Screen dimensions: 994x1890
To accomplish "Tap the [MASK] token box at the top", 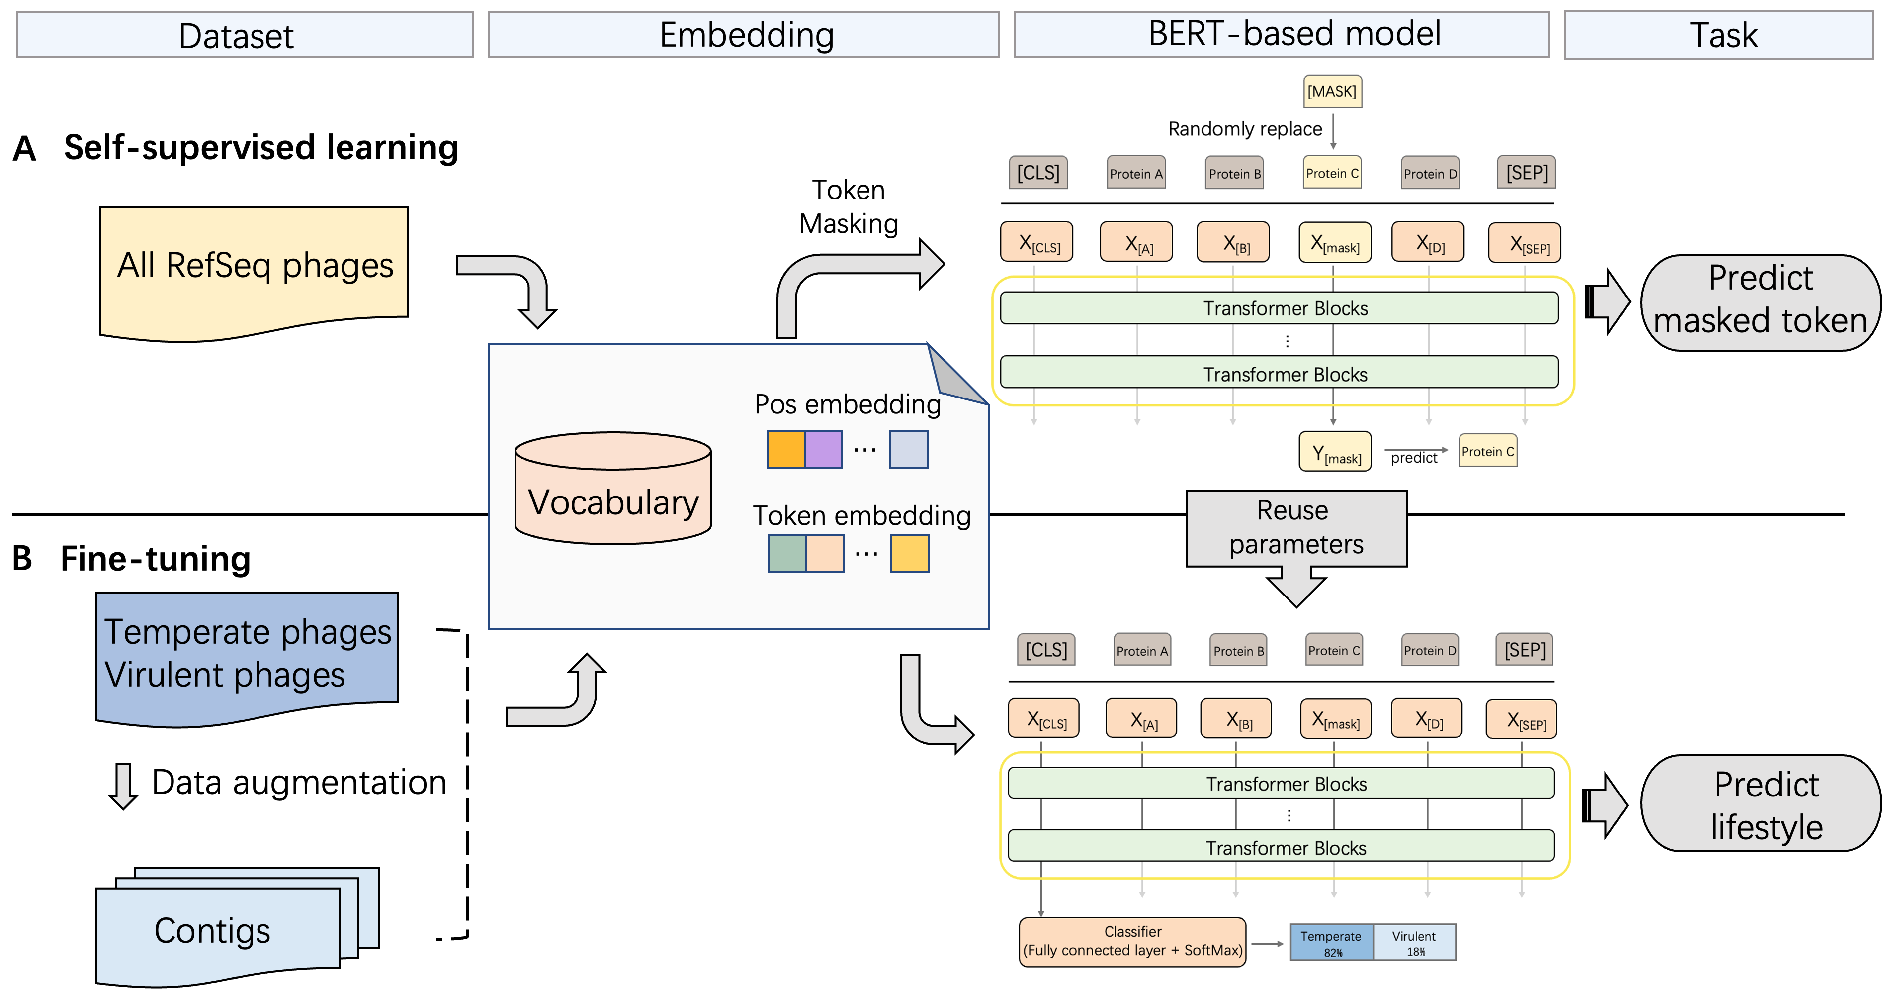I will (x=1332, y=91).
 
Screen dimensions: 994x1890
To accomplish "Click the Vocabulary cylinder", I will (x=612, y=488).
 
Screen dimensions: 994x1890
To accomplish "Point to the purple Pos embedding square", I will (x=823, y=449).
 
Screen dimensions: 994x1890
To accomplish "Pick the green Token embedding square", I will (x=786, y=554).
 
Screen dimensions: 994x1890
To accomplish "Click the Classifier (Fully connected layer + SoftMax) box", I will (x=1132, y=942).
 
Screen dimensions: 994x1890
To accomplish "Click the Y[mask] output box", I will (x=1335, y=452).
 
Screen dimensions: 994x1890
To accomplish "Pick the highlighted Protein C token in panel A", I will (x=1332, y=173).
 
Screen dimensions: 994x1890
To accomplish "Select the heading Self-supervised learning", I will (x=260, y=148).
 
